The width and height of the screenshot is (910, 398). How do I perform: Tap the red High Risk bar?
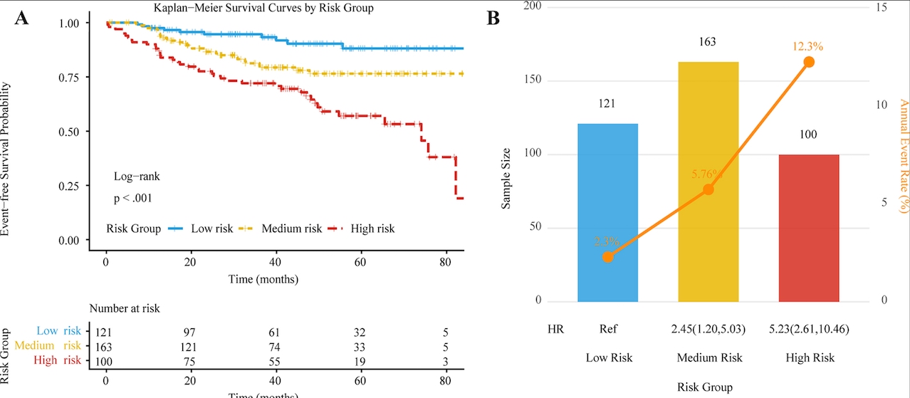[809, 227]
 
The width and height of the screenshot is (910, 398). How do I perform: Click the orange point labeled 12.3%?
[809, 62]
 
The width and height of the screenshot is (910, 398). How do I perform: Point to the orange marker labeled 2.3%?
[607, 256]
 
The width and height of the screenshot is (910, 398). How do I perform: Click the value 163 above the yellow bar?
[707, 42]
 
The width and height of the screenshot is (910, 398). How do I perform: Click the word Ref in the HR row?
[607, 330]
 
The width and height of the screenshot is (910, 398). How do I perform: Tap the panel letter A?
[21, 19]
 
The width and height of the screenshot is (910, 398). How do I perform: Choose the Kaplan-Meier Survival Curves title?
[263, 9]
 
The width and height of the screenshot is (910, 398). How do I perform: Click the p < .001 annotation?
[132, 198]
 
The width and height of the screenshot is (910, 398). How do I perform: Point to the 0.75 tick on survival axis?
[69, 77]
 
